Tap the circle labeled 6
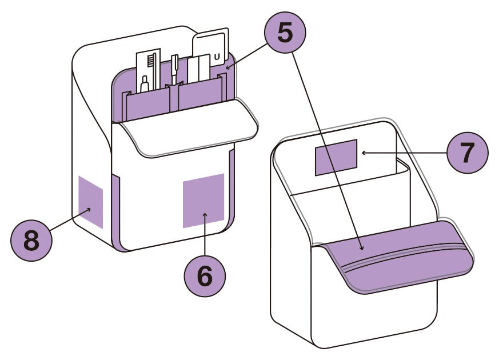[205, 276]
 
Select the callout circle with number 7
[468, 153]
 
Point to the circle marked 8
[31, 240]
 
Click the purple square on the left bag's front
[203, 200]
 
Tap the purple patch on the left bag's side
[90, 202]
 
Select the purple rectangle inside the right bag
[336, 157]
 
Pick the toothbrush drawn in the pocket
[151, 66]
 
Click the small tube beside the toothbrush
[145, 83]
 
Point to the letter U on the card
[217, 55]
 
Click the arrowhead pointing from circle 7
[362, 153]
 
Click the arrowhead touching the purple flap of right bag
[362, 248]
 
